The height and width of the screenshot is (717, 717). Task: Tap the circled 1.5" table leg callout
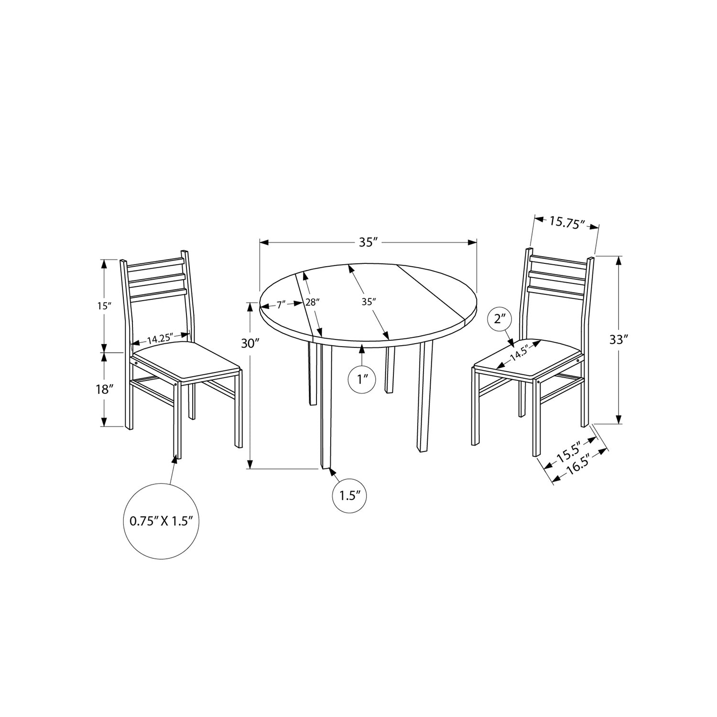(349, 495)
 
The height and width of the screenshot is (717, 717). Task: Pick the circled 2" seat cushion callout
(500, 319)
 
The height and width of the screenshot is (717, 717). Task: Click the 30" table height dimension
(250, 343)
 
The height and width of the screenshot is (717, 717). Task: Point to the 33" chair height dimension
(619, 340)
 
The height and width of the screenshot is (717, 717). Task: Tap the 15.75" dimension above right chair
(567, 222)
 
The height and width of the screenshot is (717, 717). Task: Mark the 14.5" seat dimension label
(521, 353)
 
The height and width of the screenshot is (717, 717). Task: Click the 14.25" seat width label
(159, 339)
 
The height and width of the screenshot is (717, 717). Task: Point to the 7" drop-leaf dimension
(280, 303)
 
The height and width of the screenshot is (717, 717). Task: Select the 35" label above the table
(368, 242)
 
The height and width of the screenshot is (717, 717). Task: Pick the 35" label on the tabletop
(368, 301)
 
